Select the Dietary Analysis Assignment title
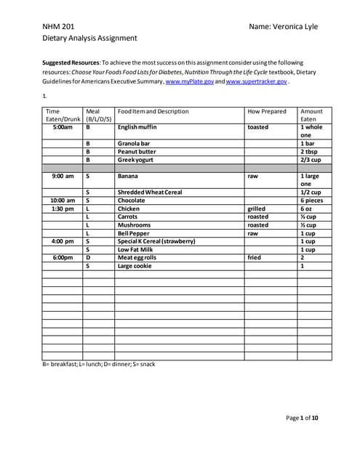pyautogui.click(x=89, y=38)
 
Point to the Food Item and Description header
pyautogui.click(x=153, y=111)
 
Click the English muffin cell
pyautogui.click(x=137, y=127)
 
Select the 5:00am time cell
pyautogui.click(x=63, y=127)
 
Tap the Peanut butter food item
pyautogui.click(x=137, y=151)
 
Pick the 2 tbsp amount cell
pyautogui.click(x=311, y=151)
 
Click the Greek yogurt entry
pyautogui.click(x=135, y=159)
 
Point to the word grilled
pyautogui.click(x=257, y=209)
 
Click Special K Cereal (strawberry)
pyautogui.click(x=156, y=241)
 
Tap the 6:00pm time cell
pyautogui.click(x=63, y=257)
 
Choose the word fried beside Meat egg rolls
pyautogui.click(x=255, y=257)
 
